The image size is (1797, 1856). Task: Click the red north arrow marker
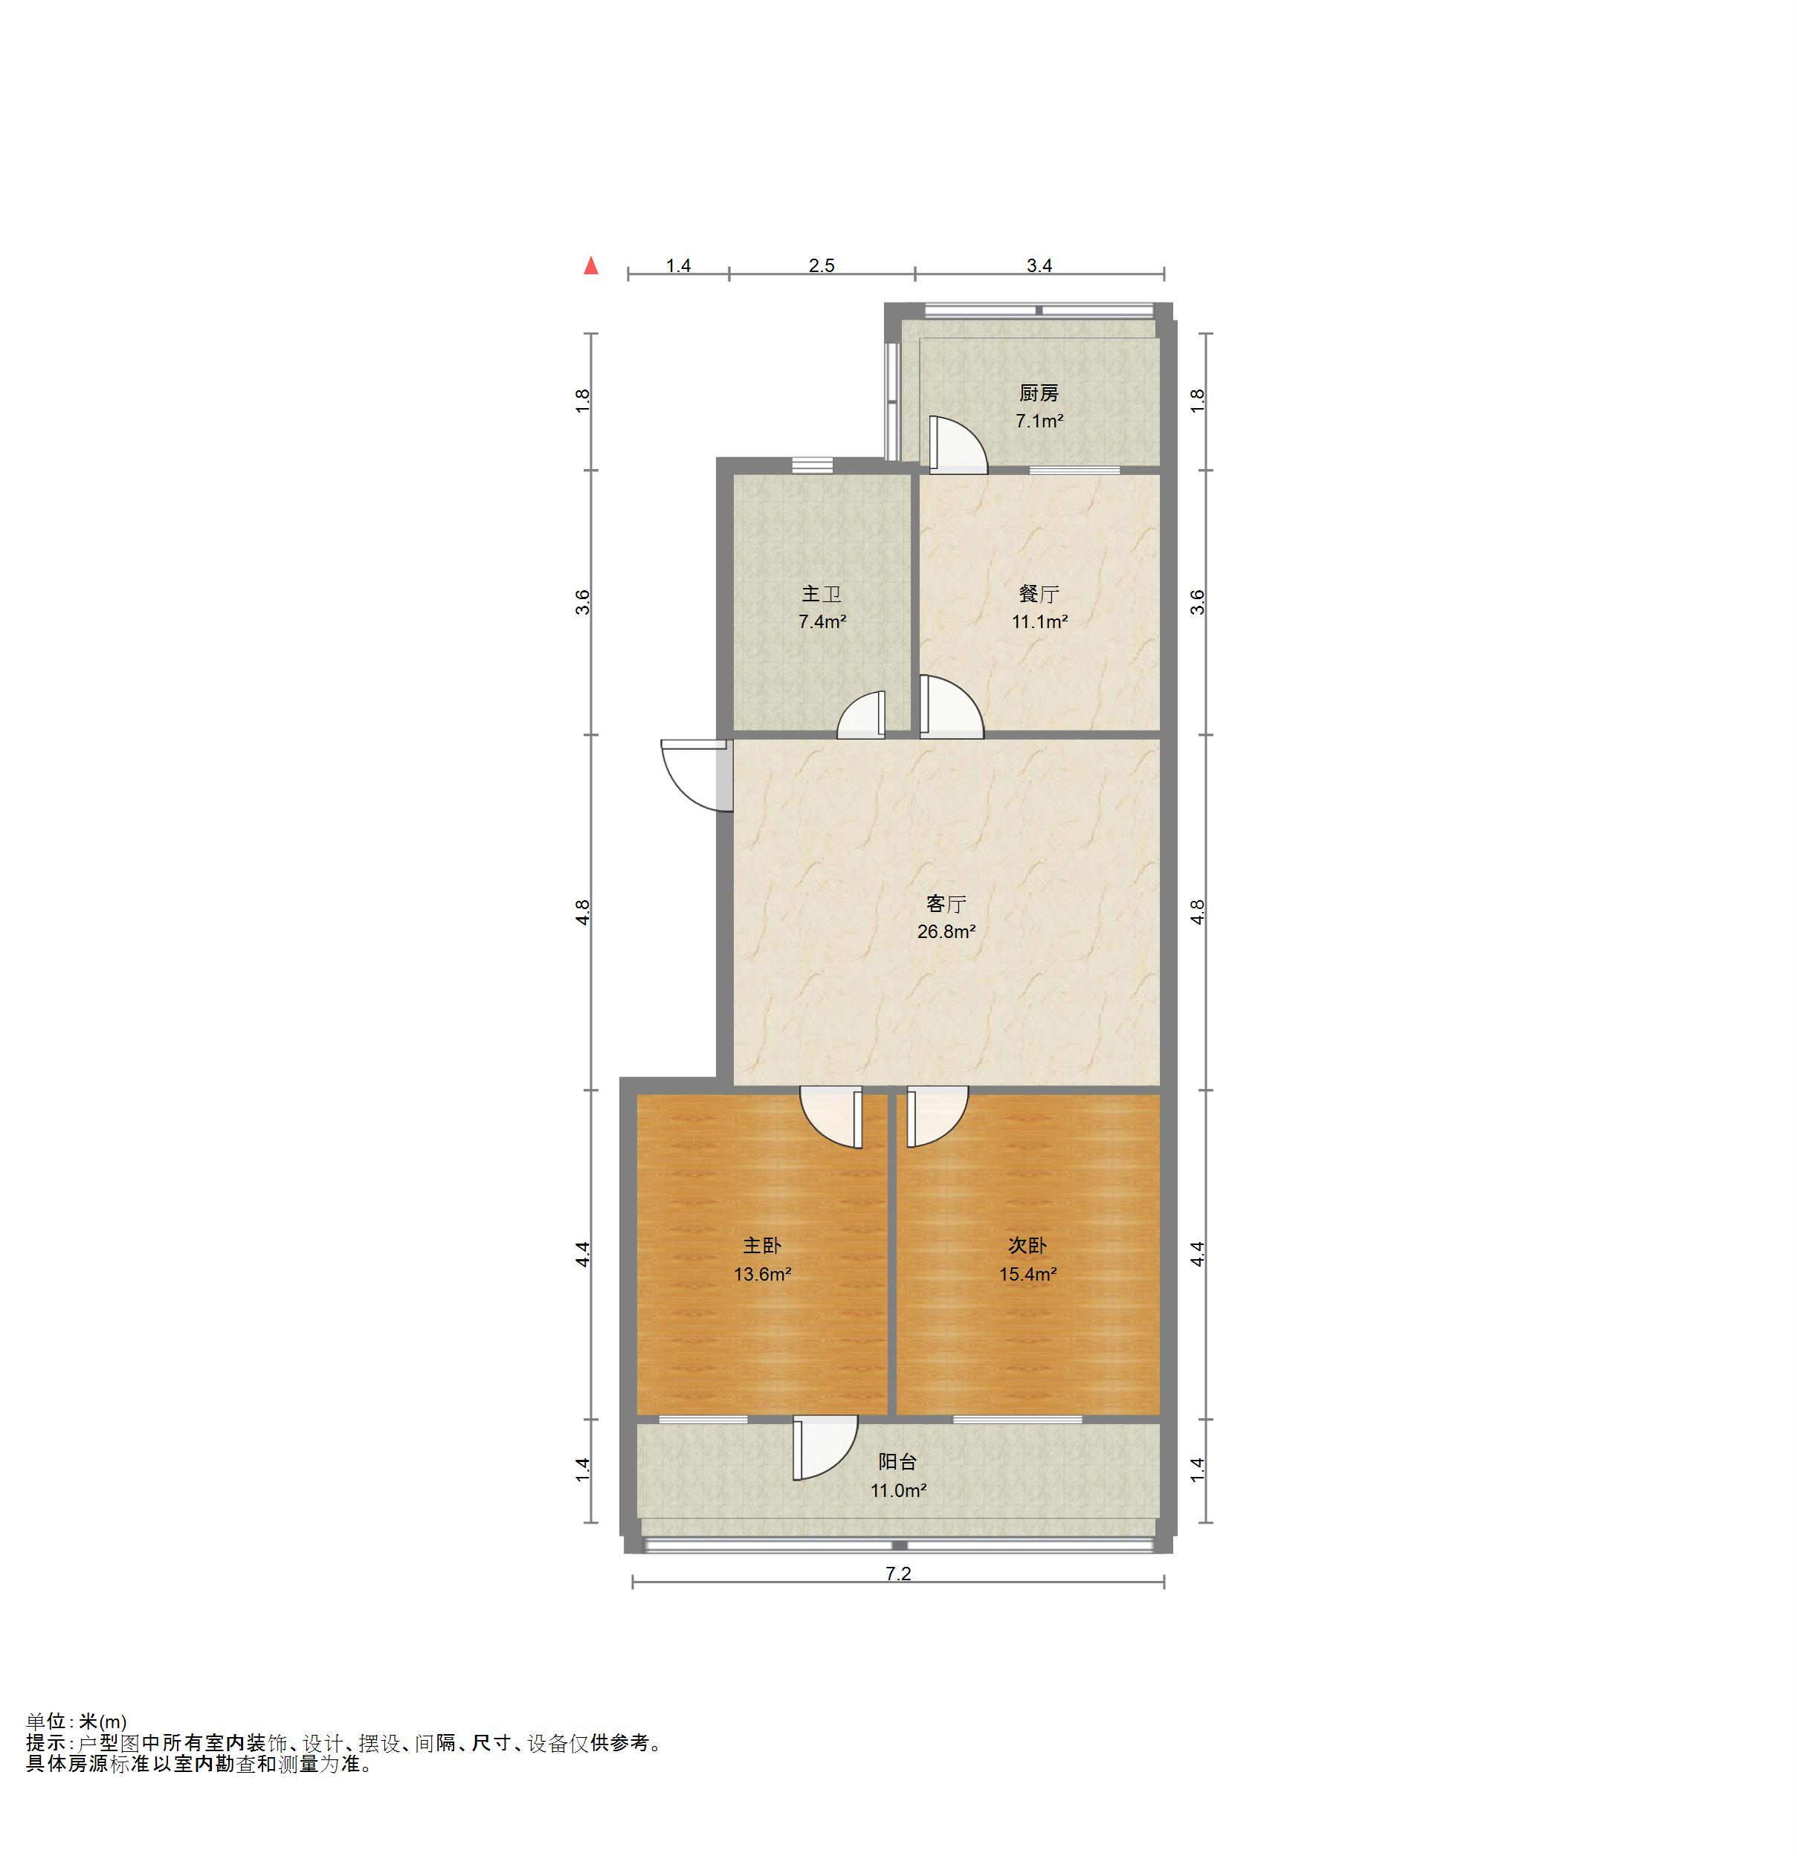coord(591,266)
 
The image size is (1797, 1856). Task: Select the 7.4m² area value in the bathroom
coord(822,622)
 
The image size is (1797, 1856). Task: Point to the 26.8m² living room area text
coord(946,932)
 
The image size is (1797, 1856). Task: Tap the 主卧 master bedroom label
coord(761,1247)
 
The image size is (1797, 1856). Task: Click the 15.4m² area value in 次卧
coord(1027,1275)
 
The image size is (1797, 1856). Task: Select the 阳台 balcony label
coord(897,1462)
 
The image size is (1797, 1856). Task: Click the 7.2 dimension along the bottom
coord(897,1574)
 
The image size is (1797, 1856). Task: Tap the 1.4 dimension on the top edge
coord(678,266)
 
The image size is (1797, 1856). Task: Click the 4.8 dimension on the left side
coord(584,912)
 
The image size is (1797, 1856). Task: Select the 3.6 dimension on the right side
coord(1197,602)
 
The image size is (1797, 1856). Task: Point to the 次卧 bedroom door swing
coord(936,1116)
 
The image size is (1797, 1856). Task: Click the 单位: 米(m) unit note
coord(76,1722)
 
